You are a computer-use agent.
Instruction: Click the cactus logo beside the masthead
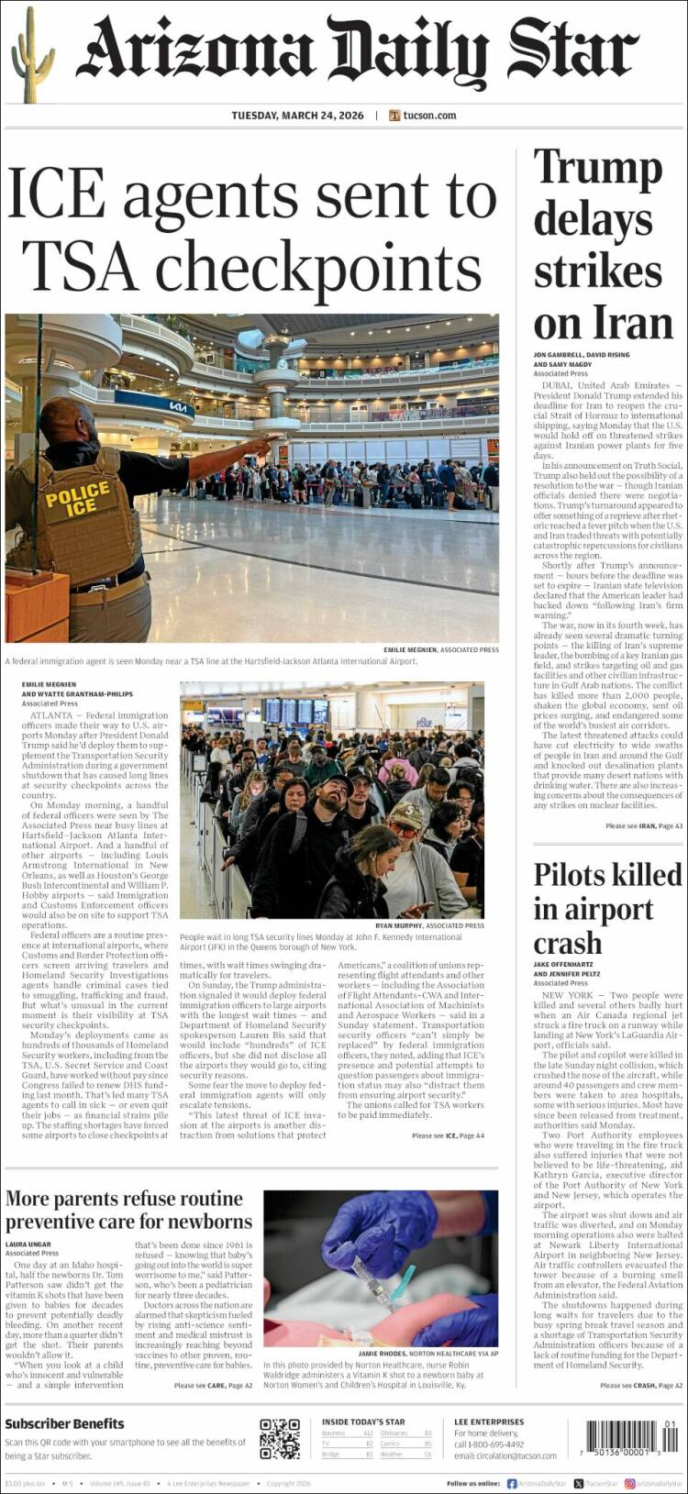tap(31, 54)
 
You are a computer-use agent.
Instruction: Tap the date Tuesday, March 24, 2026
tap(297, 116)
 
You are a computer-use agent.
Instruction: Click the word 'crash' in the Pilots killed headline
tap(568, 943)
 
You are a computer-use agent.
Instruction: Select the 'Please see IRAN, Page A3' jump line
tap(643, 826)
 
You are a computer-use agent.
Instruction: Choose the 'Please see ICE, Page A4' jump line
tap(447, 1136)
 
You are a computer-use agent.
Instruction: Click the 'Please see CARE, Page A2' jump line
tap(213, 1386)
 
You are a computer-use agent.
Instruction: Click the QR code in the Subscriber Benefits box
tap(279, 1438)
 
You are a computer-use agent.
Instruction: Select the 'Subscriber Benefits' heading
tap(64, 1424)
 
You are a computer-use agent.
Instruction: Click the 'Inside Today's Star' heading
tap(362, 1422)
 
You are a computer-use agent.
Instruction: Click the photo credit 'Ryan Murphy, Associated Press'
tap(429, 925)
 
